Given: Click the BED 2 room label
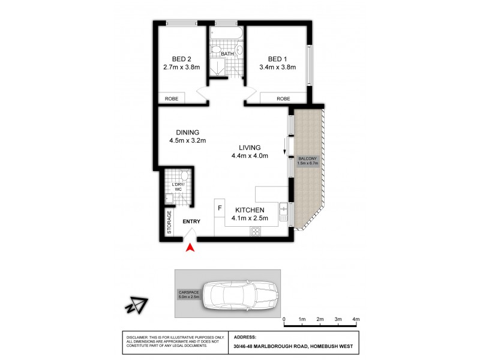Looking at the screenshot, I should pyautogui.click(x=181, y=59).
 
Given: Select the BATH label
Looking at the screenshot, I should pyautogui.click(x=227, y=55).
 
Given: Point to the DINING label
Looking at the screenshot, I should pyautogui.click(x=187, y=133).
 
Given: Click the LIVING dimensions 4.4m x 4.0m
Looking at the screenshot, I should pyautogui.click(x=249, y=156).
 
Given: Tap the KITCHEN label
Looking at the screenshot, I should pyautogui.click(x=250, y=209).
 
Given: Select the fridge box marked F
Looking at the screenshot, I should pyautogui.click(x=220, y=208).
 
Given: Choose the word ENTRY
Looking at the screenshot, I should pyautogui.click(x=191, y=222).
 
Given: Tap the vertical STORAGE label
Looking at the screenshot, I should pyautogui.click(x=169, y=221).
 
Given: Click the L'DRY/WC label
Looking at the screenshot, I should pyautogui.click(x=178, y=187).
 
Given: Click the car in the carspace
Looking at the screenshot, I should pyautogui.click(x=238, y=294).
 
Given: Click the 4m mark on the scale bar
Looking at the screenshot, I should pyautogui.click(x=356, y=319).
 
